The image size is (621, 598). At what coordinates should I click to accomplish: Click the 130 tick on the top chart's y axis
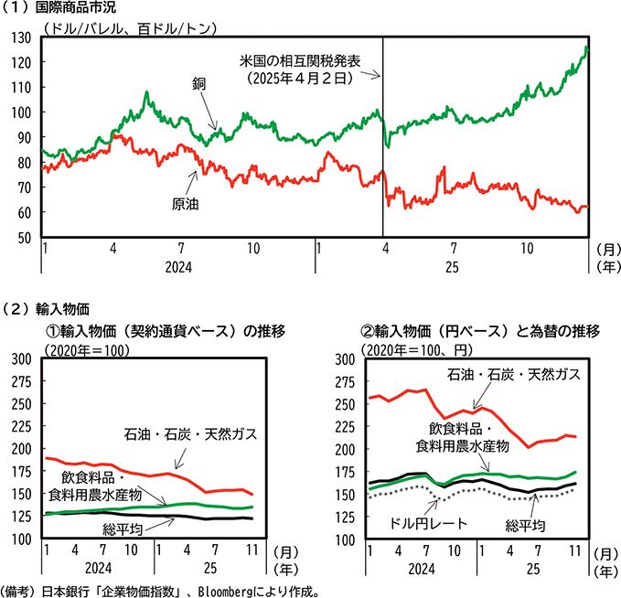coord(24,37)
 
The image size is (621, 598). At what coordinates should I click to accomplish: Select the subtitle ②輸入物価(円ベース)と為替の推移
coord(474,330)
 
